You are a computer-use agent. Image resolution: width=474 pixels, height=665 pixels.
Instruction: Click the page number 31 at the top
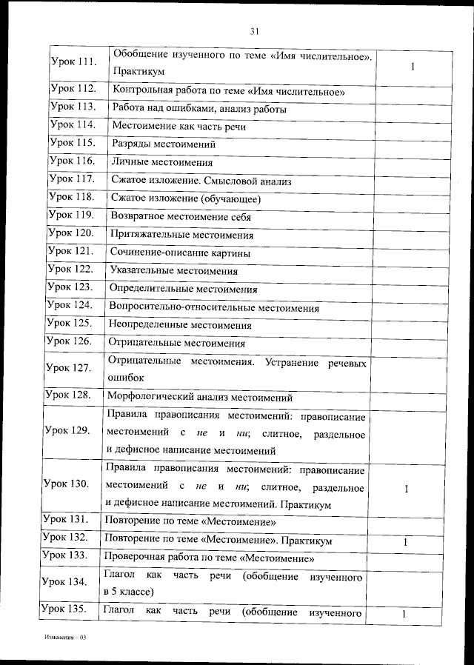254,31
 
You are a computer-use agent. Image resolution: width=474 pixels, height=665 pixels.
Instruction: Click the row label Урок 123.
69,287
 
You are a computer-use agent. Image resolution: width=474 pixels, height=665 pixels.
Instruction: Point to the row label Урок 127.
67,368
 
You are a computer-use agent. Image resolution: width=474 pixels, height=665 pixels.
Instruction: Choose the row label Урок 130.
66,484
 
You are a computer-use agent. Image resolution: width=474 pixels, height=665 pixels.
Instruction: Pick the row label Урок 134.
65,583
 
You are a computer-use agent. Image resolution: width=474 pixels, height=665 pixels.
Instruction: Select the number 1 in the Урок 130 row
407,489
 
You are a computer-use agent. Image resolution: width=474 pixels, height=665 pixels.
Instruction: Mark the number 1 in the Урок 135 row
404,615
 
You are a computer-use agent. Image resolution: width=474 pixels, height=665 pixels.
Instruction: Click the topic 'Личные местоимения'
161,162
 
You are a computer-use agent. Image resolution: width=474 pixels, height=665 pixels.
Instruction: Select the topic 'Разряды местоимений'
163,144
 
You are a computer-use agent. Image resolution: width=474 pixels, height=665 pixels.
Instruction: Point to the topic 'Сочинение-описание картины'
179,253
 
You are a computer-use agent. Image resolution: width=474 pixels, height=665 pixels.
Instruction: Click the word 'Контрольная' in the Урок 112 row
141,92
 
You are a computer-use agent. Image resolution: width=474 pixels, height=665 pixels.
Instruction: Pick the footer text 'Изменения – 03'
65,637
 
